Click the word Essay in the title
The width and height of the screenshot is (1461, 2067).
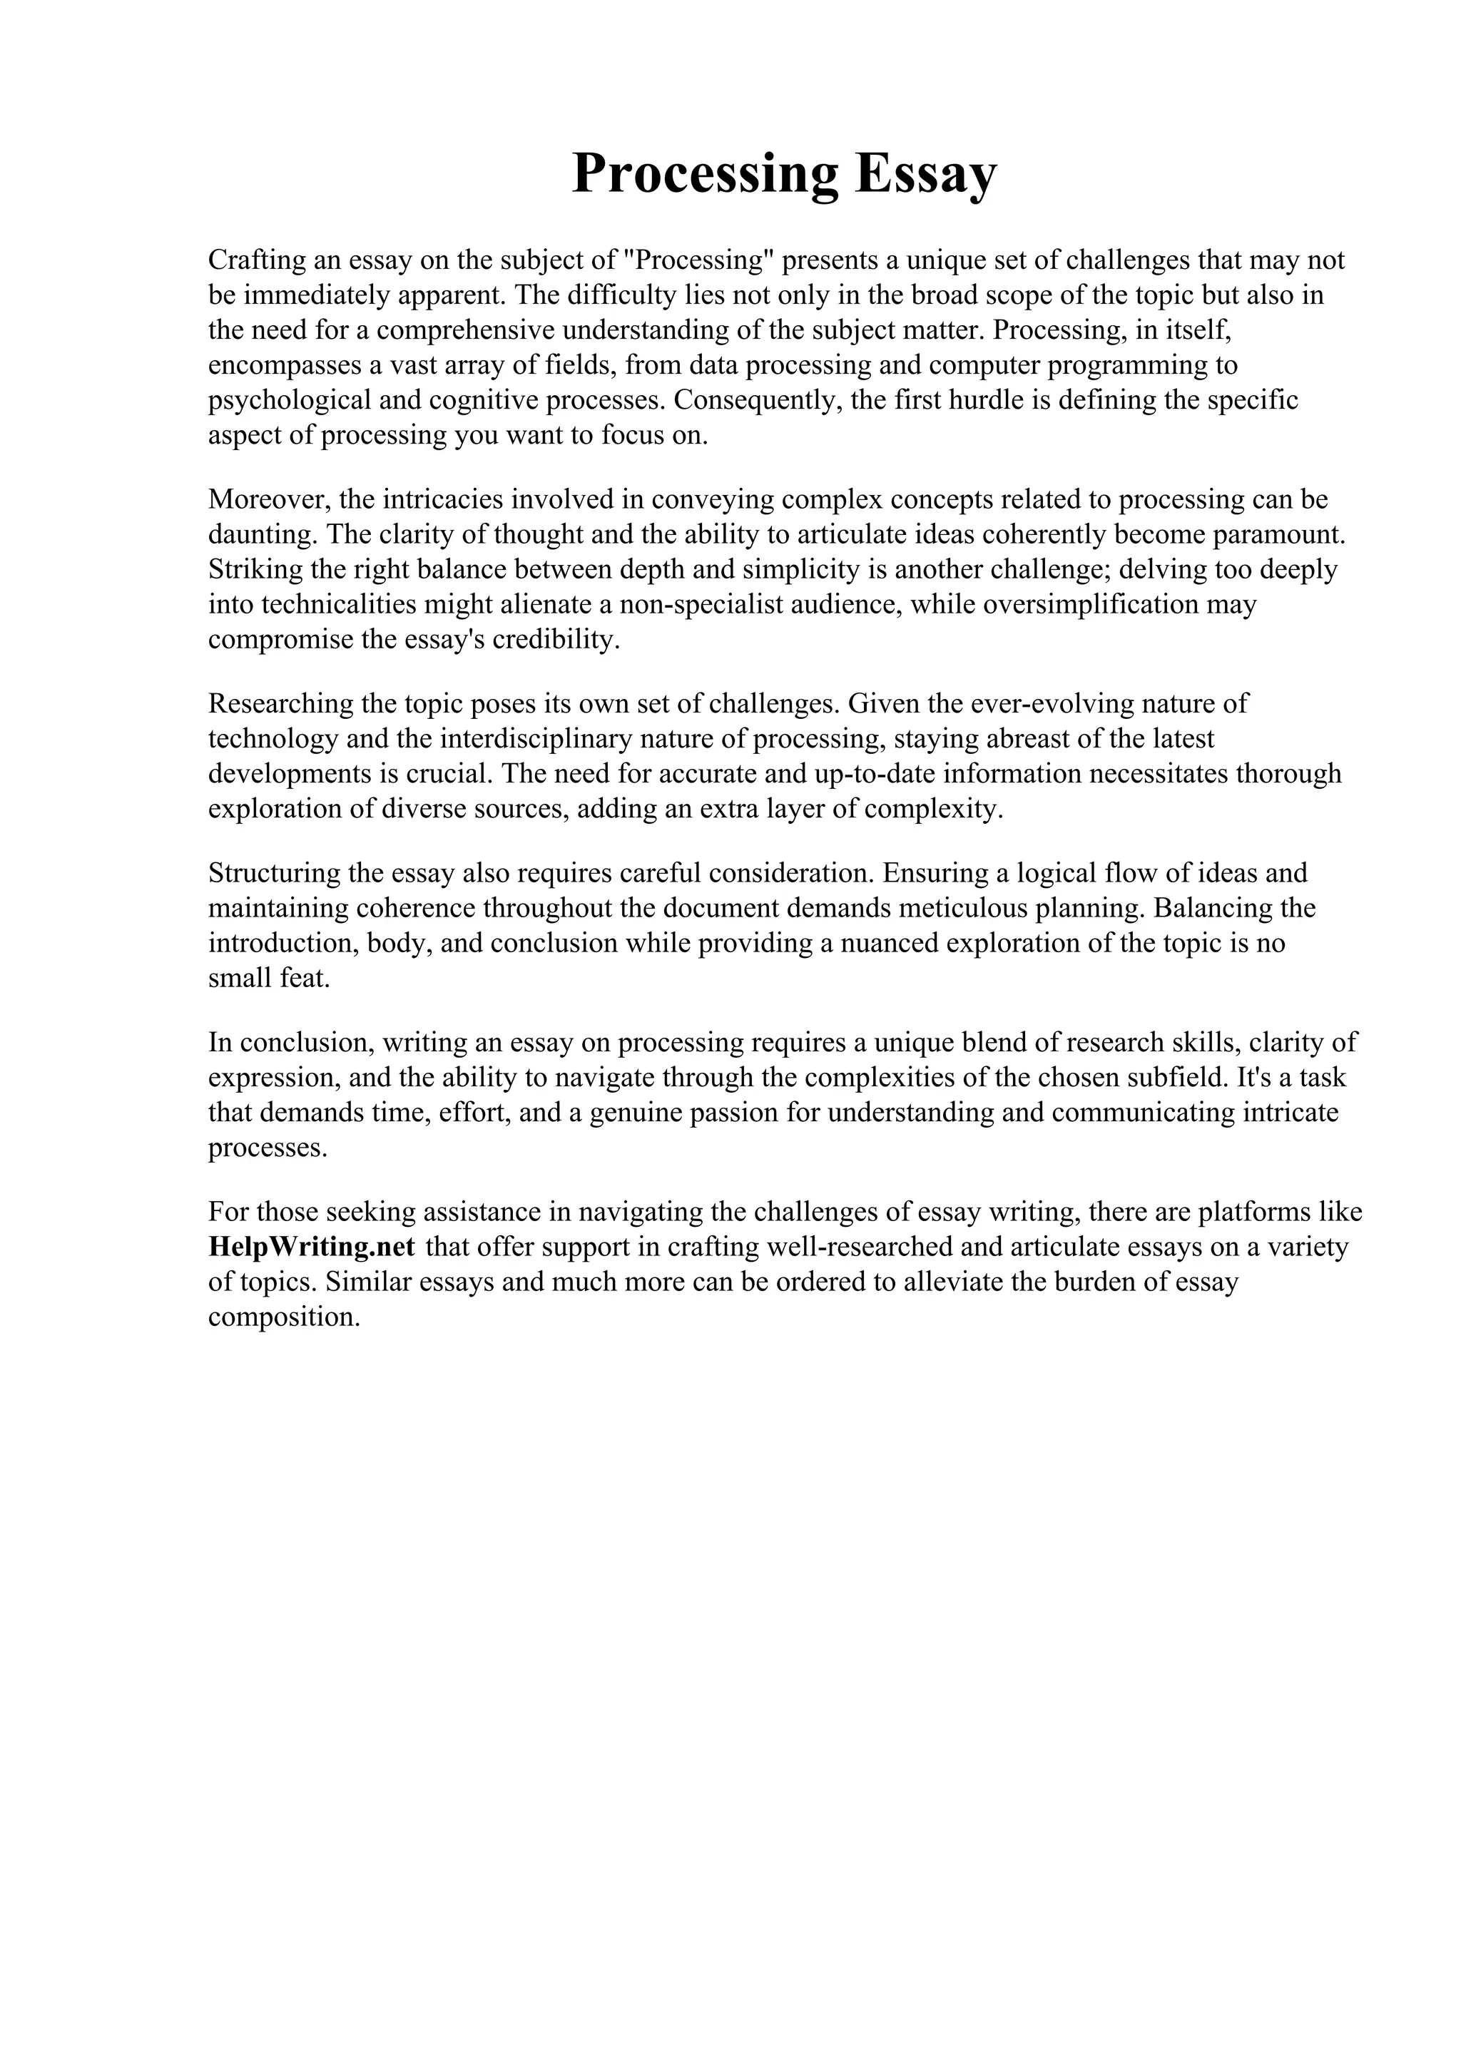(x=925, y=174)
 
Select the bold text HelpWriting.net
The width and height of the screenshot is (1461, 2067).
(x=312, y=1247)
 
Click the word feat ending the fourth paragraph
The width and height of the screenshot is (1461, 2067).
(x=305, y=979)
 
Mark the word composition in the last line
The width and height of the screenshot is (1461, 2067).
(x=282, y=1317)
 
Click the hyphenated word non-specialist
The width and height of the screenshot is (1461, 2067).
(x=701, y=604)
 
